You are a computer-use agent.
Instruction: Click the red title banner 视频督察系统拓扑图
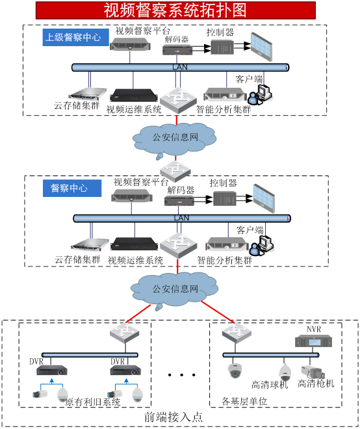(175, 10)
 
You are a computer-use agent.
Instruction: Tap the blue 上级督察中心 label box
(73, 38)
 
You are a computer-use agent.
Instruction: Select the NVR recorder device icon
(314, 343)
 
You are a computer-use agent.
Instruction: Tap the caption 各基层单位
(244, 401)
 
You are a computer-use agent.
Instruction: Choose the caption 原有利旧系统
(93, 402)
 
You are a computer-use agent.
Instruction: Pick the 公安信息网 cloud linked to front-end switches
(175, 289)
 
